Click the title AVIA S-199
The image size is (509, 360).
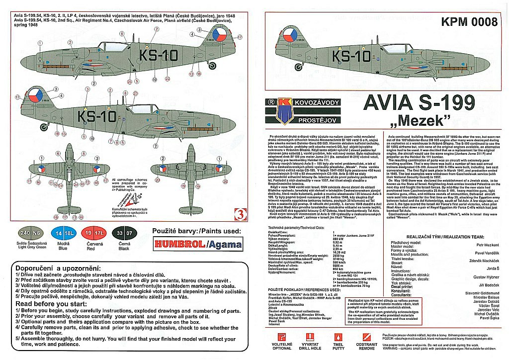click(x=419, y=103)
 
